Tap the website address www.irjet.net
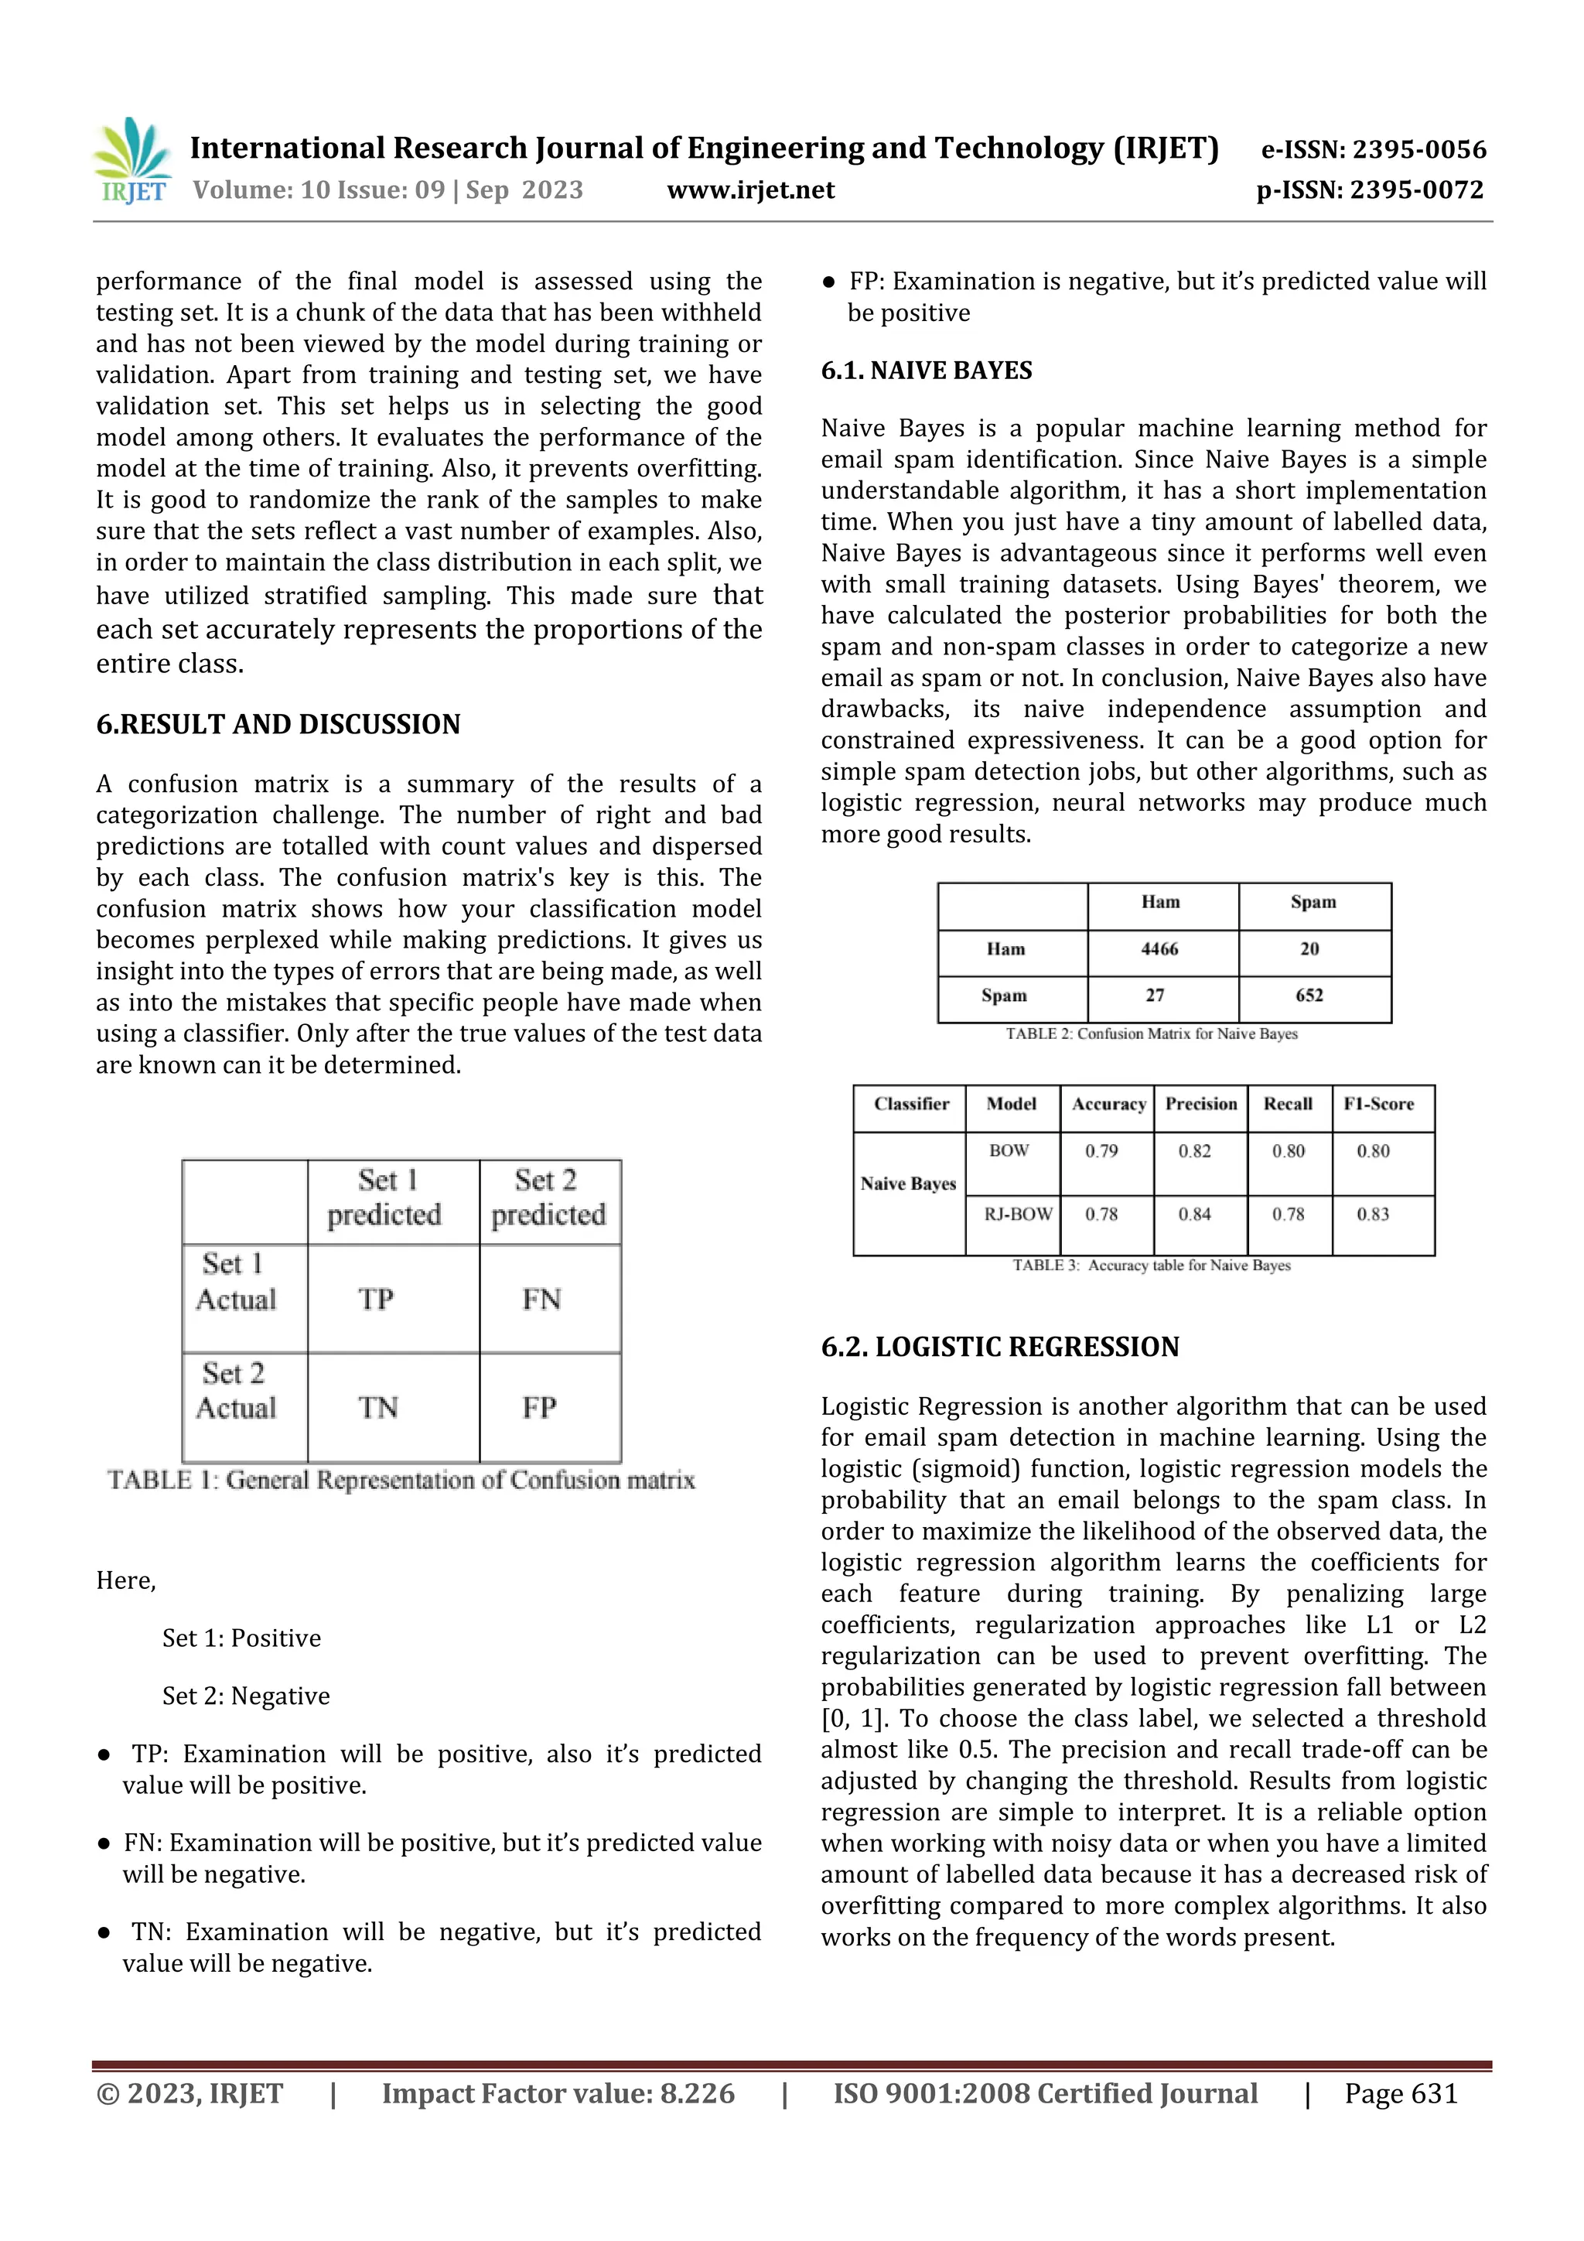(750, 190)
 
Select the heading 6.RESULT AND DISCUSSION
(278, 724)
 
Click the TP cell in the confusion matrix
(376, 1299)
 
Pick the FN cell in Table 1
(541, 1299)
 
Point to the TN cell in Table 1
(377, 1407)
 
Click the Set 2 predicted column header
(548, 1197)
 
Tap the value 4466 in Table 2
(1159, 948)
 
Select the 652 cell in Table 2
(1309, 996)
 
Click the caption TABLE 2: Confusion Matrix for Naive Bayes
(1152, 1033)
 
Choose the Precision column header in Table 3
(1200, 1104)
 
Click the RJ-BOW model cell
(1018, 1214)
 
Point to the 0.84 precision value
(1195, 1214)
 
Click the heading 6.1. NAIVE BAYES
(927, 371)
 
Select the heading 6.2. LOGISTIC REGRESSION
(999, 1347)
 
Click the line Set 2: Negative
(246, 1696)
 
